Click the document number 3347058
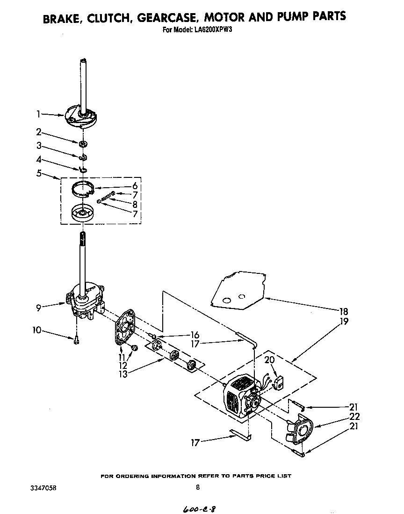tap(45, 487)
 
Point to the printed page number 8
tap(198, 487)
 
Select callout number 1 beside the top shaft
tap(39, 114)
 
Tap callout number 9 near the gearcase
tap(39, 308)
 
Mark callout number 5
tap(39, 173)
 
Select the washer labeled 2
tap(83, 143)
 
